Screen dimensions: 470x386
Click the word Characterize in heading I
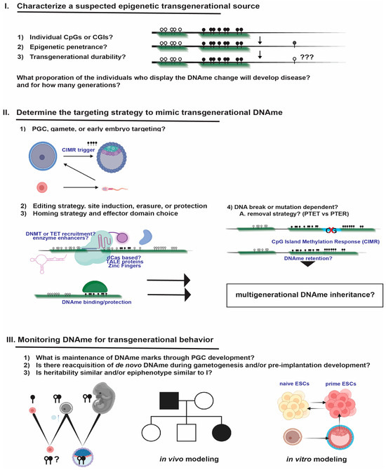(x=51, y=7)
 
